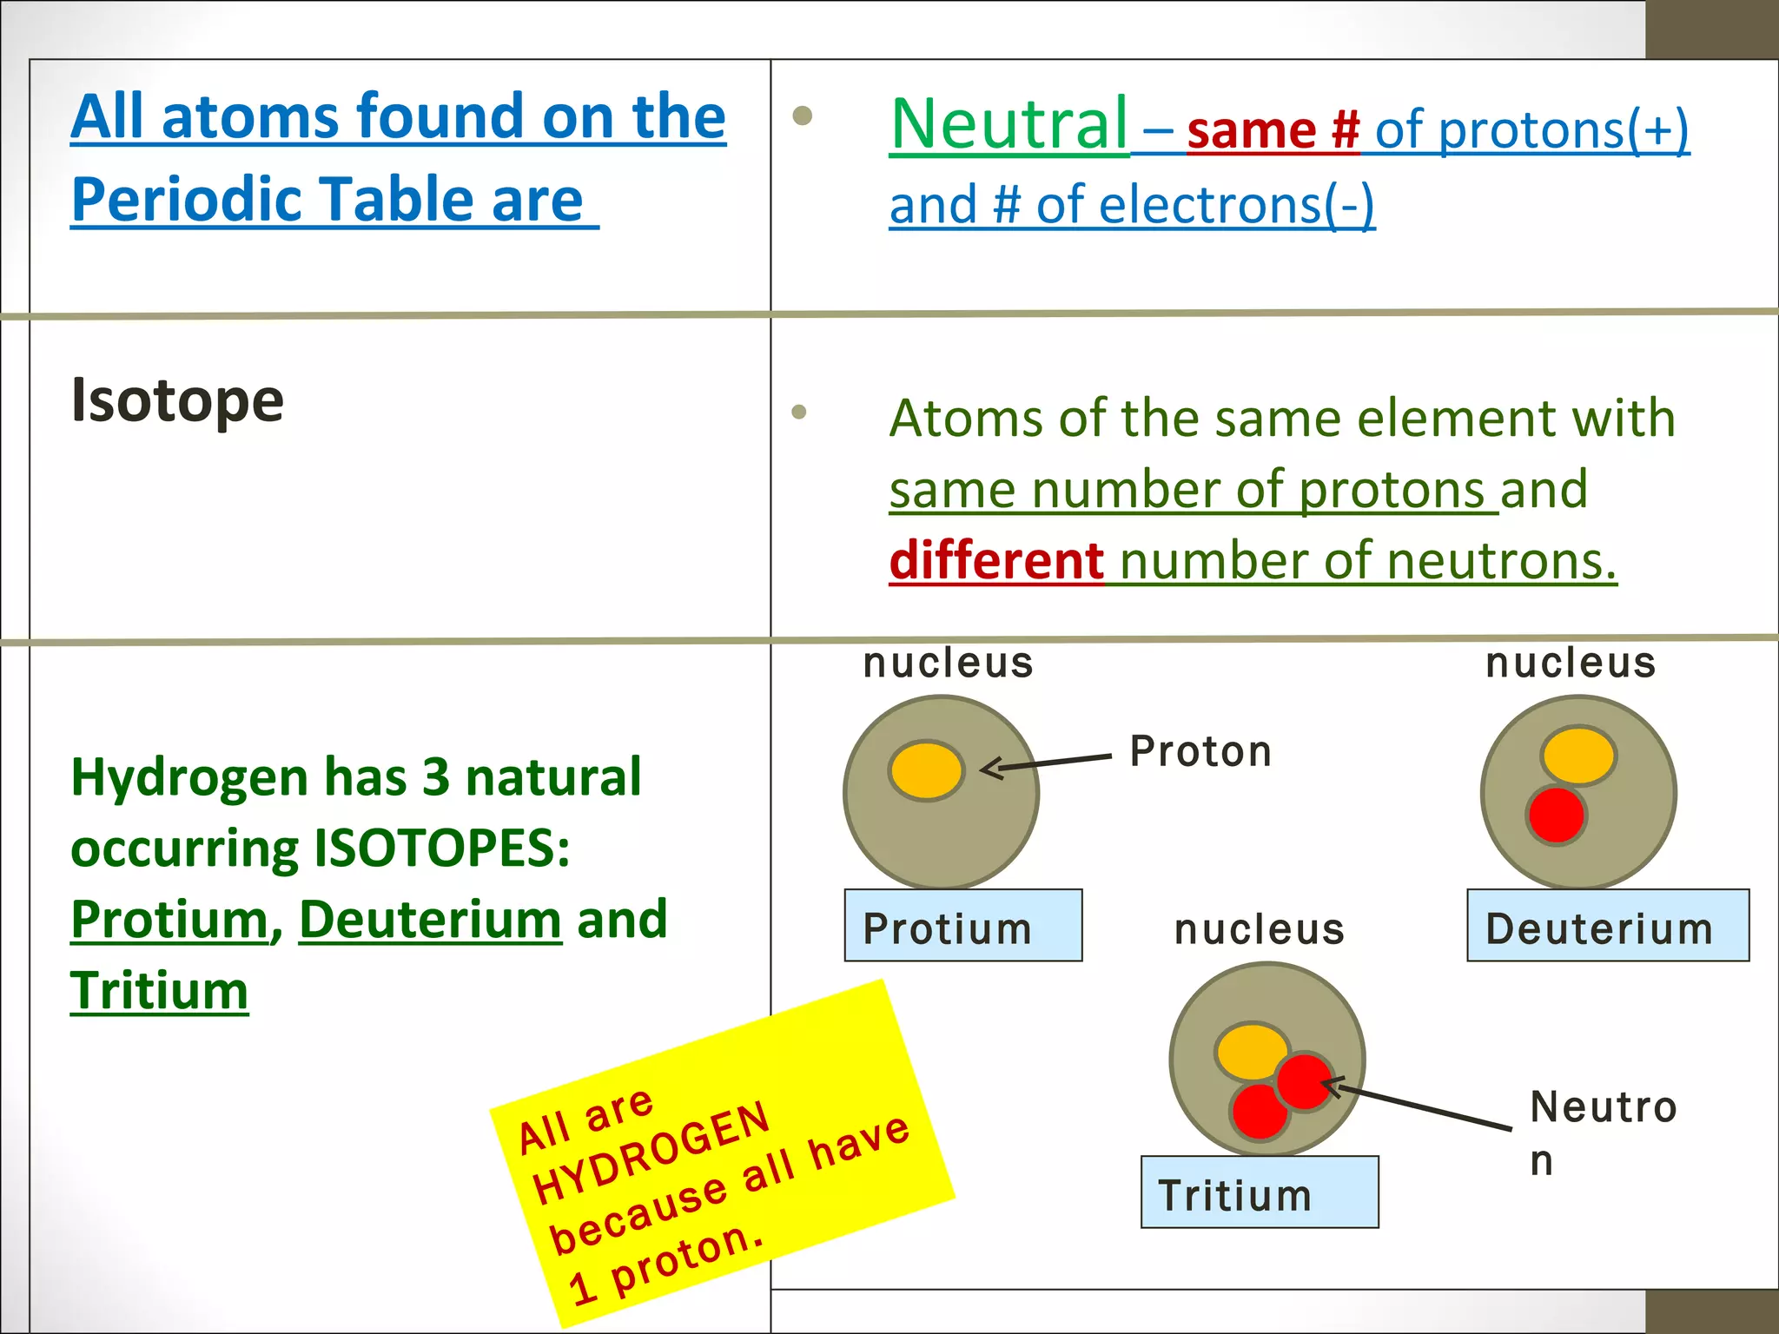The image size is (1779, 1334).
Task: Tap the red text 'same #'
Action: point(1273,131)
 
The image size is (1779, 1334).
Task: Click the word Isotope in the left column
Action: point(177,400)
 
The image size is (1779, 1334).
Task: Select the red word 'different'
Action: point(996,561)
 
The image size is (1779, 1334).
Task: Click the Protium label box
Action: point(963,926)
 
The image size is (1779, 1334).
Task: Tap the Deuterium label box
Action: point(1607,926)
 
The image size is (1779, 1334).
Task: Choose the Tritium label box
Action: point(1259,1192)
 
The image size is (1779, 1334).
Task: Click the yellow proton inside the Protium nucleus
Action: point(927,770)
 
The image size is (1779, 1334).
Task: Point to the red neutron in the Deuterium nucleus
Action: point(1556,816)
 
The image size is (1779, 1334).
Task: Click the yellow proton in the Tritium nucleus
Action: point(1250,1052)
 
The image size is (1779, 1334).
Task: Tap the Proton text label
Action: point(1200,751)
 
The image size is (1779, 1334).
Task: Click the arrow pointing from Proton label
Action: point(1047,763)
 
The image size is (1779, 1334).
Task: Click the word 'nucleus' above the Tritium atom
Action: point(1259,929)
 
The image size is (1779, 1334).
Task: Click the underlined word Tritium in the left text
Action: point(159,991)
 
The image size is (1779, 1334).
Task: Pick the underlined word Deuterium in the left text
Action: point(430,920)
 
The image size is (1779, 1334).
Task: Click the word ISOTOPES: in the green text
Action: point(441,849)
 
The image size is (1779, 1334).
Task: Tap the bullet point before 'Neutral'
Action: point(803,116)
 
